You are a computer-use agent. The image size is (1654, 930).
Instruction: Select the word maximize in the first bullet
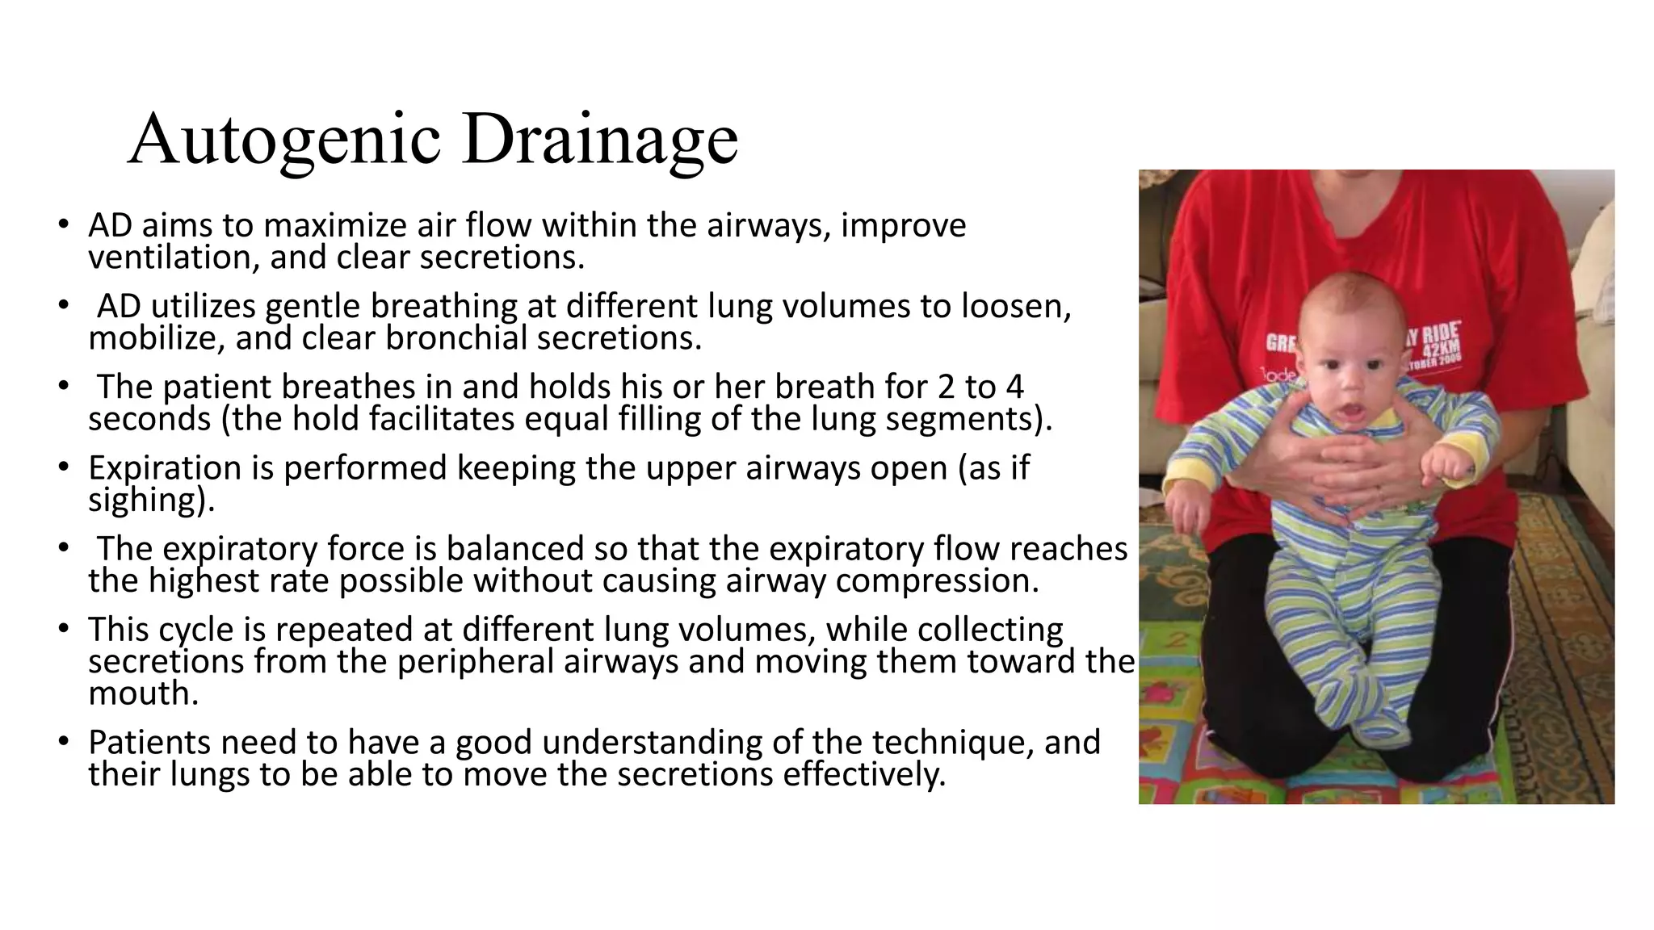334,225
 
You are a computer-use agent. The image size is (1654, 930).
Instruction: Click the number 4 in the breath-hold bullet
1014,387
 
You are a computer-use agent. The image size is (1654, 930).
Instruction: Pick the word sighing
150,501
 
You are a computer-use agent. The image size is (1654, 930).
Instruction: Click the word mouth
142,693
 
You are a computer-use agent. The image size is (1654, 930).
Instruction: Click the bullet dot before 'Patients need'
63,740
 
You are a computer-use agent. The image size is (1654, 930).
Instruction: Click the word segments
968,419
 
